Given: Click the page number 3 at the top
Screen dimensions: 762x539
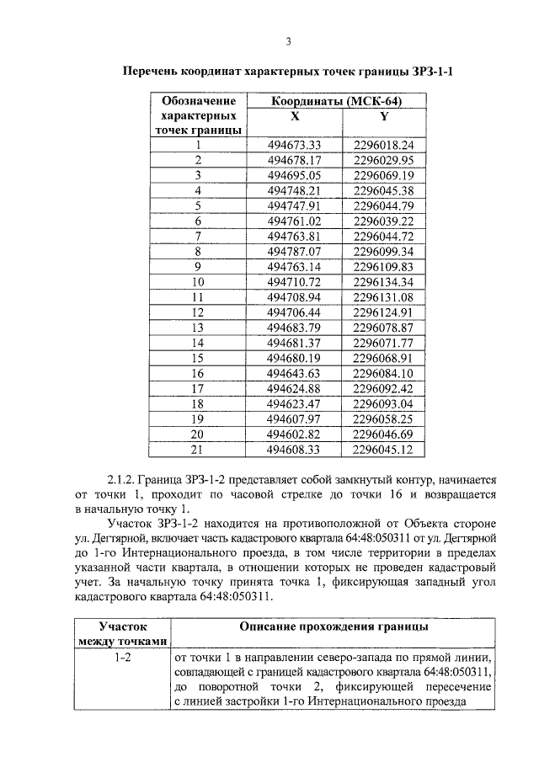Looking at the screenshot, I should [x=287, y=42].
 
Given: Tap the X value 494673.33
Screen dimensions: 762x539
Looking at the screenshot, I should [x=295, y=145].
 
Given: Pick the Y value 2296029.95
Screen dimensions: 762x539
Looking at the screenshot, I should [x=384, y=160].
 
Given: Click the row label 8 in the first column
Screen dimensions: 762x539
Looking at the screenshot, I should [x=199, y=251].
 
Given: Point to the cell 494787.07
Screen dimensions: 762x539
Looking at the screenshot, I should [x=295, y=251].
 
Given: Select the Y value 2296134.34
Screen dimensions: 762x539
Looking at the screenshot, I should [x=384, y=281].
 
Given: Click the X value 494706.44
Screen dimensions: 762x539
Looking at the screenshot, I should [x=295, y=312].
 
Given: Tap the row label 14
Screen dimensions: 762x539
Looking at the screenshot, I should [x=199, y=342].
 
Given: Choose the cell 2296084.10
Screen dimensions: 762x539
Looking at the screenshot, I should [x=384, y=372].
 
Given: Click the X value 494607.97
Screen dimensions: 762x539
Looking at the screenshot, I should [x=295, y=418].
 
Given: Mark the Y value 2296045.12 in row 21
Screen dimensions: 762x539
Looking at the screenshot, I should [x=384, y=448].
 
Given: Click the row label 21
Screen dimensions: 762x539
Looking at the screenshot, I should [x=199, y=448].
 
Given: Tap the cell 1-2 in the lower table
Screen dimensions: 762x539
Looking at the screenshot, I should [x=122, y=657].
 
